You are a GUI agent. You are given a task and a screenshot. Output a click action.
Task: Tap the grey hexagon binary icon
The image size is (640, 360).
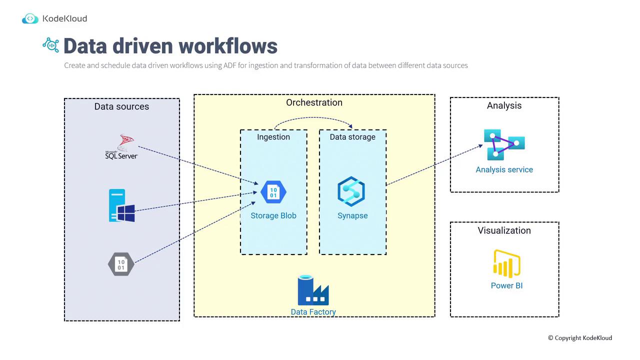point(121,264)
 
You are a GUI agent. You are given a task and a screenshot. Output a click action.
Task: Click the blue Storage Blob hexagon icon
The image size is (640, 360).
point(273,192)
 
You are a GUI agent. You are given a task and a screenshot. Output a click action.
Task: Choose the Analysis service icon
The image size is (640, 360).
point(503,144)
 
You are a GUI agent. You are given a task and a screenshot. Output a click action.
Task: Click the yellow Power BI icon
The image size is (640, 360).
point(506,263)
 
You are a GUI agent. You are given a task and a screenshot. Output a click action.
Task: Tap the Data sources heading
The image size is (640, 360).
point(121,106)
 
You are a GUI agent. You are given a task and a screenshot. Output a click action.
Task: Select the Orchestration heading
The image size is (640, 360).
point(314,102)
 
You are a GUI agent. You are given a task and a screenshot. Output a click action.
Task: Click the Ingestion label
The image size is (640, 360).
point(273,137)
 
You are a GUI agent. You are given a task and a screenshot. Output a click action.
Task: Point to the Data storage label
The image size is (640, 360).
point(352,137)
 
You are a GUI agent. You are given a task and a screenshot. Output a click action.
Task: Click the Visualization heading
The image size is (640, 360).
point(504,230)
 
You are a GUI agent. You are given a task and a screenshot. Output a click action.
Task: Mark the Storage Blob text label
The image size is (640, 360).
point(273,215)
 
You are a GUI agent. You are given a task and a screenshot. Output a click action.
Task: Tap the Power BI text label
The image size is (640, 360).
point(506,285)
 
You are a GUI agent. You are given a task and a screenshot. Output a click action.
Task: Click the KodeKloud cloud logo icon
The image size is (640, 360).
point(30,19)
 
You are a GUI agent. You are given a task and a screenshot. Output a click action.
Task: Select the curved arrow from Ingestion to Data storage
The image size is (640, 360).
point(314,118)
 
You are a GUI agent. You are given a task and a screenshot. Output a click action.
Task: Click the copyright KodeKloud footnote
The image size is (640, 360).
point(579,338)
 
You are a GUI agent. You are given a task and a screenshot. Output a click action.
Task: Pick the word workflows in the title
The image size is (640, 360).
point(228,46)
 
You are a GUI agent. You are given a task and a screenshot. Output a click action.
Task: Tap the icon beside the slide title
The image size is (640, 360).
point(50,45)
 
